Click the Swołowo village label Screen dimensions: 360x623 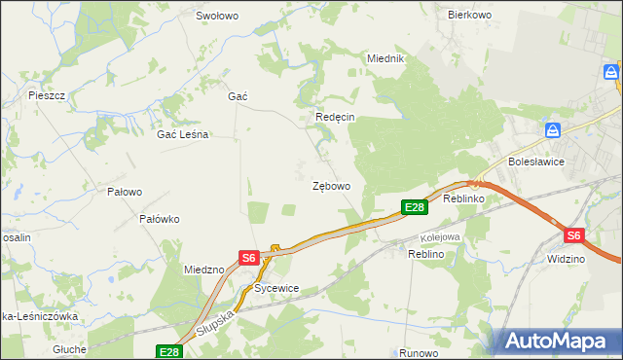[x=217, y=16]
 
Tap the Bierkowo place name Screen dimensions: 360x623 [x=467, y=15]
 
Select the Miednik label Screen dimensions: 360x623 [x=385, y=58]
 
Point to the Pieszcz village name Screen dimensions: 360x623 [x=47, y=95]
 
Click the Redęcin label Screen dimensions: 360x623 [x=335, y=117]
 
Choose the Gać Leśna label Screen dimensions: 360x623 [x=183, y=135]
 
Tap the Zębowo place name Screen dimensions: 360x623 [x=331, y=185]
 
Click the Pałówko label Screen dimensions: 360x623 [x=160, y=219]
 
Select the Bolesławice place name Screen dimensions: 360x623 [x=536, y=162]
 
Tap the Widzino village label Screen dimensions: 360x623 [x=566, y=260]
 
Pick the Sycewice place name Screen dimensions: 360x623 [x=275, y=289]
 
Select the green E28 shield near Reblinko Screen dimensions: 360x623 [x=414, y=206]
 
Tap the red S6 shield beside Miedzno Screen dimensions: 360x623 [x=248, y=258]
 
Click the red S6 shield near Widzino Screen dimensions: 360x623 [x=573, y=235]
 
